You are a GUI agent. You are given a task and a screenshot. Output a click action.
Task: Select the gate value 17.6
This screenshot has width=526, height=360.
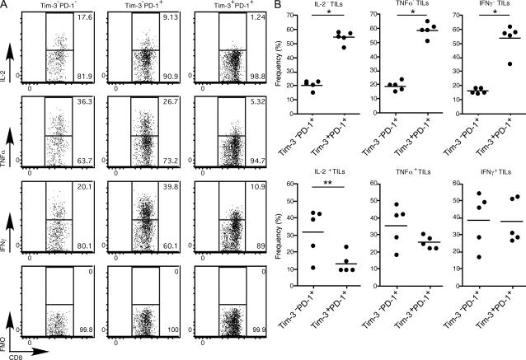(83, 17)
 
